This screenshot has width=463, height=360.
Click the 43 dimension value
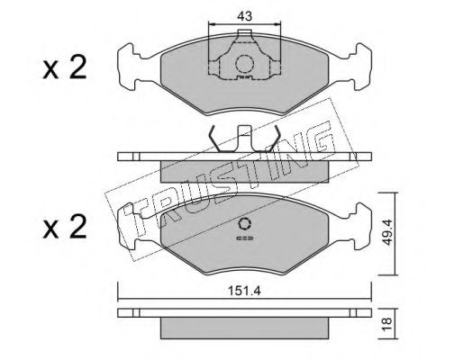click(x=244, y=16)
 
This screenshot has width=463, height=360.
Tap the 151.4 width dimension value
click(x=244, y=291)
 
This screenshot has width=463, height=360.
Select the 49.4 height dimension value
click(x=387, y=232)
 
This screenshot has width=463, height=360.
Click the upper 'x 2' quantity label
click(x=65, y=67)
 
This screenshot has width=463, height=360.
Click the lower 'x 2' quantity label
click(x=65, y=227)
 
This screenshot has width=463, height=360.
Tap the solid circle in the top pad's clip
click(x=244, y=64)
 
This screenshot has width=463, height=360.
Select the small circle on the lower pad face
click(x=244, y=224)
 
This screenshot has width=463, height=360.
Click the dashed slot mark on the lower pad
click(x=245, y=238)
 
